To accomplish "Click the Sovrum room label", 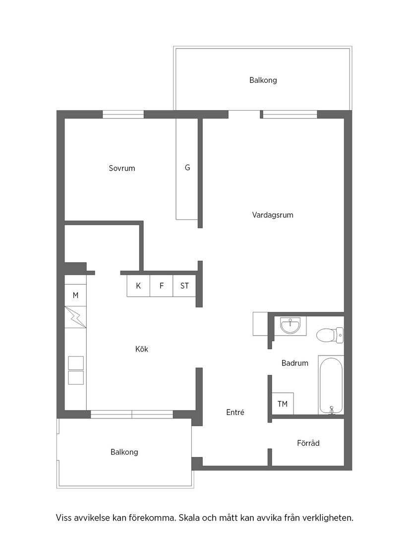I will pyautogui.click(x=122, y=169).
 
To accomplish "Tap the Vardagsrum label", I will pyautogui.click(x=273, y=215).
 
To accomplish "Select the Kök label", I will pyautogui.click(x=142, y=349).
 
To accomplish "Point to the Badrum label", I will pyautogui.click(x=295, y=363).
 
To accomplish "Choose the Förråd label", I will pyautogui.click(x=308, y=443).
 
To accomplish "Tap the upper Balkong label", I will pyautogui.click(x=263, y=80).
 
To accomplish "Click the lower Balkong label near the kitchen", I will pyautogui.click(x=124, y=452).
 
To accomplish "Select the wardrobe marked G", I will pyautogui.click(x=187, y=168).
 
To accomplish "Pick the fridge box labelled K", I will pyautogui.click(x=138, y=286).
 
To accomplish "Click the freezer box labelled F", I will pyautogui.click(x=162, y=286).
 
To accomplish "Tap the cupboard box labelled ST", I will pyautogui.click(x=184, y=286).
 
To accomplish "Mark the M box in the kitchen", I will pyautogui.click(x=75, y=296).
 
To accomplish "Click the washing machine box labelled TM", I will pyautogui.click(x=283, y=404).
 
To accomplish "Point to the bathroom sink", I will pyautogui.click(x=290, y=326).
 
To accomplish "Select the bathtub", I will pyautogui.click(x=331, y=385).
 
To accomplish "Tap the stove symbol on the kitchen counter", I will pyautogui.click(x=76, y=370).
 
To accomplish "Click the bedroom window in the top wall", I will pyautogui.click(x=123, y=115).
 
